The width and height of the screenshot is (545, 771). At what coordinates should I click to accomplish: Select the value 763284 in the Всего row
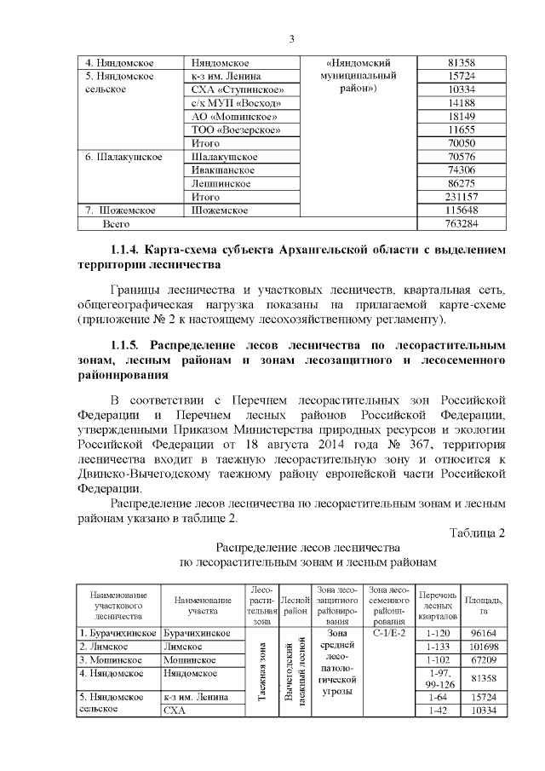point(461,224)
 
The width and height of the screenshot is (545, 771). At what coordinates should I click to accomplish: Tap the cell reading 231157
point(461,197)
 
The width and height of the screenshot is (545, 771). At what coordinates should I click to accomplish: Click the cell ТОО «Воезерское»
point(235,129)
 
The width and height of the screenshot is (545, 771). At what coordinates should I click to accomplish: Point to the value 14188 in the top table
point(461,103)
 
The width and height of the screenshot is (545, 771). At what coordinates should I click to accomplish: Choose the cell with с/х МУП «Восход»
point(235,103)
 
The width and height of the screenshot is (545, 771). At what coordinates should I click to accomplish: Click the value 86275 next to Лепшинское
point(461,183)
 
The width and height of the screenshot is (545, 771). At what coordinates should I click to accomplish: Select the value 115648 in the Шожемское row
point(461,210)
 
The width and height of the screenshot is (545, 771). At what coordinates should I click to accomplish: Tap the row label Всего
point(120,224)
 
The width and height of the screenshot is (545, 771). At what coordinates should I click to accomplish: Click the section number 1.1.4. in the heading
point(125,250)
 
